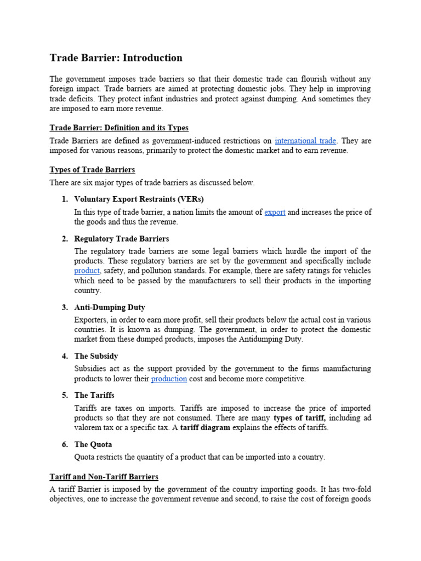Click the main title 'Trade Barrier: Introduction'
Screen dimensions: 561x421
(116, 58)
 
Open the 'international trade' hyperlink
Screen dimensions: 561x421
(306, 141)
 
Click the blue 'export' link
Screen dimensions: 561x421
(275, 212)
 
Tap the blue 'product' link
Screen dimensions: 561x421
(87, 270)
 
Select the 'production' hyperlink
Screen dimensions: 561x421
(169, 379)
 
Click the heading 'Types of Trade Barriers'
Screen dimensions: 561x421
(92, 169)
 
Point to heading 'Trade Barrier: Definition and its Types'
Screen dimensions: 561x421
(119, 128)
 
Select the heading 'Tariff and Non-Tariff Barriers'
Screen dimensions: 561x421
(104, 477)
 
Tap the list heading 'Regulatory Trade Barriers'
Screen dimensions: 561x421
(121, 239)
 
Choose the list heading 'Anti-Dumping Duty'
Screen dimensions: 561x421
(110, 307)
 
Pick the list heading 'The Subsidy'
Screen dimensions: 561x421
(96, 356)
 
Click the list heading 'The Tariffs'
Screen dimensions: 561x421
(94, 395)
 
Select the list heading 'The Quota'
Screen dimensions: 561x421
(93, 444)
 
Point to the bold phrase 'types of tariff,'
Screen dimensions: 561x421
(302, 418)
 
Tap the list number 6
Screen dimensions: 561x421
(64, 444)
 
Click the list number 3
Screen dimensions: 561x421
(64, 307)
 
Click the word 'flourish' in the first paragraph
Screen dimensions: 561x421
(299, 78)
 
